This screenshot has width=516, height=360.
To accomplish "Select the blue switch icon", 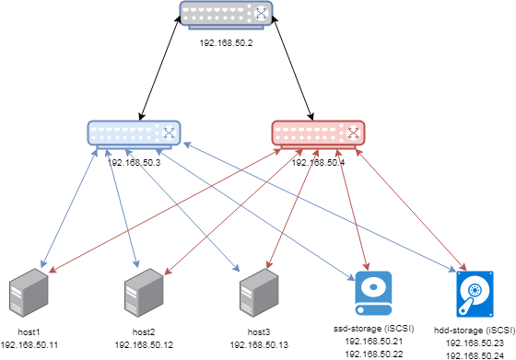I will tap(135, 134).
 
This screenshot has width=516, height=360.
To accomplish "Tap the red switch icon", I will tap(318, 134).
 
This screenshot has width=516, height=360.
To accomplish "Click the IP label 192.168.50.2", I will tap(227, 42).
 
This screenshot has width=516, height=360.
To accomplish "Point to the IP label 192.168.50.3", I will tap(135, 162).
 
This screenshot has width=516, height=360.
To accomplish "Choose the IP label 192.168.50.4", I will tap(318, 162).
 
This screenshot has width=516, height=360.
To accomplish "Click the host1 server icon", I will tap(27, 294).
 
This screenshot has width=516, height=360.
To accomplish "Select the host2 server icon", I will tap(144, 294).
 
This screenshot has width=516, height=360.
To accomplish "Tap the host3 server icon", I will tap(259, 294).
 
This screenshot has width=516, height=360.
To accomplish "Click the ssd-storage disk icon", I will tap(373, 294).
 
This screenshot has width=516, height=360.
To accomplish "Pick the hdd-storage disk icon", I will tap(475, 294).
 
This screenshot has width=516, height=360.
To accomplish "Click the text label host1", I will tap(29, 330).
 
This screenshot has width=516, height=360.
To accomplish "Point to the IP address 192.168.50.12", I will tap(144, 344).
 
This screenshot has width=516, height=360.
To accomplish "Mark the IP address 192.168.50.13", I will tap(259, 344).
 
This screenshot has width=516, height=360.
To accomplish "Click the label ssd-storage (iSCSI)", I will tap(373, 328).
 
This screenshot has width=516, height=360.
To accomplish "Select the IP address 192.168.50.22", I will tap(373, 354).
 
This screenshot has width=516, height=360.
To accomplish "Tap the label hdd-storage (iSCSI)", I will tap(475, 329).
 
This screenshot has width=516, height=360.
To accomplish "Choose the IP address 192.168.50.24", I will tap(475, 354).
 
